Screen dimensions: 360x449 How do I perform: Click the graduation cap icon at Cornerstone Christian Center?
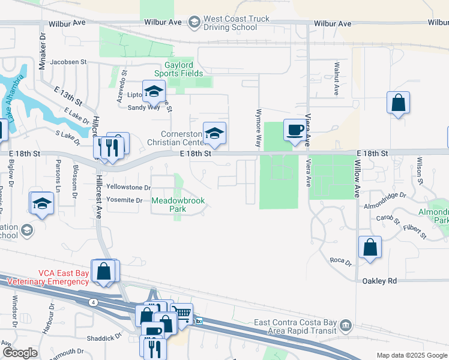[214, 133]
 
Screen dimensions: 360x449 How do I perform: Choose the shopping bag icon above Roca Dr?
[370, 247]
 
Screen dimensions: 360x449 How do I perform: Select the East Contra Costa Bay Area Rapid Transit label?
[295, 326]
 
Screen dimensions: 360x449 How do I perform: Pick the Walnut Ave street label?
[337, 79]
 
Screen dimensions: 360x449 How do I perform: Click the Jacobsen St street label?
[69, 62]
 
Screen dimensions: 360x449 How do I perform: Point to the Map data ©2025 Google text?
[411, 355]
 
